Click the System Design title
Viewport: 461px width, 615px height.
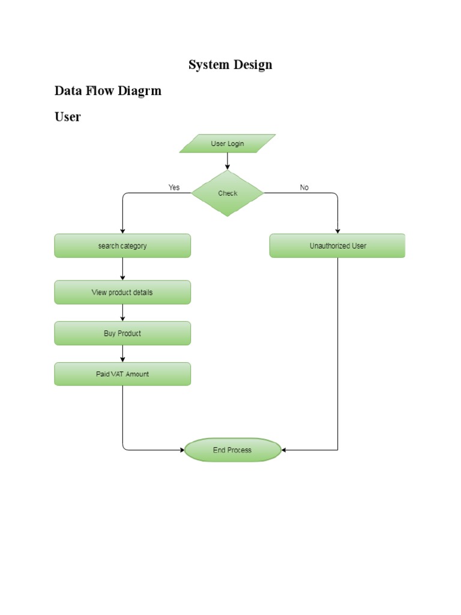coord(230,65)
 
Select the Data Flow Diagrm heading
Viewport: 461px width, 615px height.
coord(108,91)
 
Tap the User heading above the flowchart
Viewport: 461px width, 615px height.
coord(67,117)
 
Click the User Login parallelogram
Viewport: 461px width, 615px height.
coord(227,144)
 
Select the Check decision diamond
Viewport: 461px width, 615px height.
coord(227,193)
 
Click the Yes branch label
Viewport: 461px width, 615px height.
coord(174,187)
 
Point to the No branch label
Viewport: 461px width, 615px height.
coord(304,187)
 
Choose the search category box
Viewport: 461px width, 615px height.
coord(122,246)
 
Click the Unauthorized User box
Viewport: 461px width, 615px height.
coord(337,246)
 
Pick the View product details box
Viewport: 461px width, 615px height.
coord(122,292)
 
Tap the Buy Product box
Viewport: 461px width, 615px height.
coord(122,333)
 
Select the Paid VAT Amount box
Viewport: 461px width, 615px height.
coord(122,374)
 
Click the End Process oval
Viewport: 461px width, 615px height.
coord(232,450)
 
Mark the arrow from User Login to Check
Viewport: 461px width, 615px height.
coord(227,162)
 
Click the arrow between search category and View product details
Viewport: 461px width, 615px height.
coord(122,269)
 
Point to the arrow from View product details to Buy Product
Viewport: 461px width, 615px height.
coord(122,313)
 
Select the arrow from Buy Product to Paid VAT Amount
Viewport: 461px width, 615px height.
coord(122,354)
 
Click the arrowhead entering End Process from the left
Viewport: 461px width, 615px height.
coord(181,450)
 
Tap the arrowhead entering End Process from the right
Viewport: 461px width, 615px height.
coord(284,450)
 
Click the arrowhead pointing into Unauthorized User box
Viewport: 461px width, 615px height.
coord(337,231)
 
